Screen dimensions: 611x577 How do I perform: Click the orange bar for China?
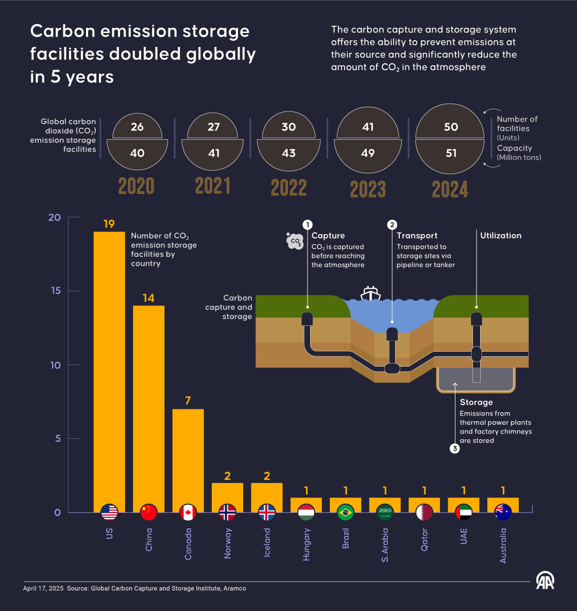coord(148,402)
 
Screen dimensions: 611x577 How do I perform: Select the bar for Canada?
coord(188,454)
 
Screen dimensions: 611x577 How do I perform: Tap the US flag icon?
coord(109,512)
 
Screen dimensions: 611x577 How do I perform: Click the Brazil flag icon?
coord(346,512)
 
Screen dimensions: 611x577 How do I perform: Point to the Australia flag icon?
coord(503,512)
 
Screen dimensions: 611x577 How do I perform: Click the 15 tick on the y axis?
coord(56,291)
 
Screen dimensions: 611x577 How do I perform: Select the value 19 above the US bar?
coord(109,224)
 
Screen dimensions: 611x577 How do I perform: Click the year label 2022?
coord(288,188)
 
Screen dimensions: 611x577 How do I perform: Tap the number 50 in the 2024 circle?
coord(451,127)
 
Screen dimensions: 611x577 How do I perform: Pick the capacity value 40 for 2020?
coord(137,153)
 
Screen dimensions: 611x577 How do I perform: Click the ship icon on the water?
coord(370,293)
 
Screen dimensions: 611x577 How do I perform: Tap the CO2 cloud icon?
coord(295,241)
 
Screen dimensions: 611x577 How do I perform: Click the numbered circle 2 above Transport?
coord(392,225)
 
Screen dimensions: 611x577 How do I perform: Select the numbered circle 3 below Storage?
coord(454,449)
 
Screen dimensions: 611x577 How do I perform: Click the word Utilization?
coord(501,236)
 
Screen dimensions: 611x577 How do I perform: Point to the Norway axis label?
coord(228,543)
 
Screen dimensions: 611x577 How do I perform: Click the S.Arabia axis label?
coord(385,545)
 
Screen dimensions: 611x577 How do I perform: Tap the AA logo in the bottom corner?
coord(545,581)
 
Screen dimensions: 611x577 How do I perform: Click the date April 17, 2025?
coord(43,588)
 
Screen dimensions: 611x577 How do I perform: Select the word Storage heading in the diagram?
coord(476,402)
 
